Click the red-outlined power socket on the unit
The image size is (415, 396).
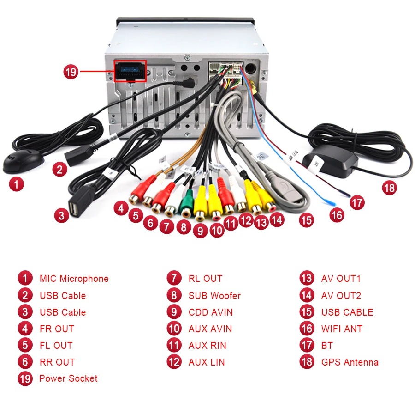pyautogui.click(x=130, y=71)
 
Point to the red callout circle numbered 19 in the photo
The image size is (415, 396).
pyautogui.click(x=71, y=72)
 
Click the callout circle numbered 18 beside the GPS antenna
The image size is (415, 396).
pyautogui.click(x=390, y=188)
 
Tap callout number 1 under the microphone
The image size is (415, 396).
pyautogui.click(x=17, y=185)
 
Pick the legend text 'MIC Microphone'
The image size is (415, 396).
pyautogui.click(x=74, y=279)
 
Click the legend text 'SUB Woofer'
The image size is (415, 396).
pyautogui.click(x=214, y=296)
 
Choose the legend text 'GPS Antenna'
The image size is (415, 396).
pyautogui.click(x=350, y=362)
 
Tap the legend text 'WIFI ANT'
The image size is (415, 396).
pyautogui.click(x=342, y=329)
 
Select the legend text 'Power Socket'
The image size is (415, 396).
pyautogui.click(x=68, y=378)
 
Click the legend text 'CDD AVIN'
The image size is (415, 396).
pyautogui.click(x=210, y=312)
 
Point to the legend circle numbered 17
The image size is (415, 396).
pyautogui.click(x=307, y=346)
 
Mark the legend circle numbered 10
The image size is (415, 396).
pyautogui.click(x=174, y=329)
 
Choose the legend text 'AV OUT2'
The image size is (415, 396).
pyautogui.click(x=341, y=296)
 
